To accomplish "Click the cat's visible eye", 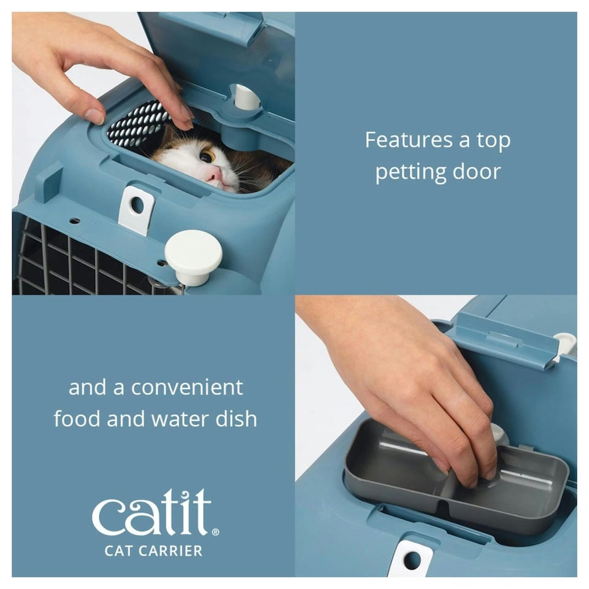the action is [207, 155].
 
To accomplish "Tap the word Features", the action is [409, 140].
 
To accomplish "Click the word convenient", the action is [187, 388].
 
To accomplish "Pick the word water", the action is [180, 420].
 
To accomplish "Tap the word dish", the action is [236, 418].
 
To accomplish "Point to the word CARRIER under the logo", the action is [170, 551].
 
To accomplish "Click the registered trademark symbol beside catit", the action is [215, 532].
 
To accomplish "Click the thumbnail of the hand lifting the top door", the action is [153, 153].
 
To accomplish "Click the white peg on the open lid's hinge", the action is [247, 97].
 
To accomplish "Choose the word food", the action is [77, 419].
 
